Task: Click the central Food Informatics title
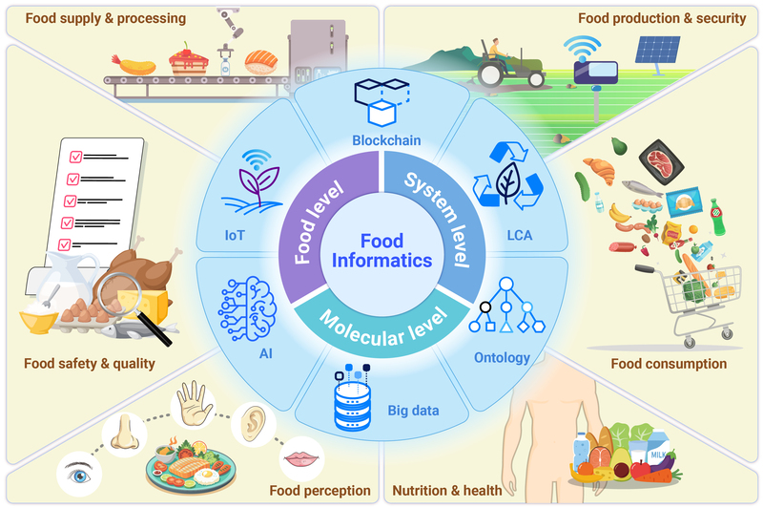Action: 381,250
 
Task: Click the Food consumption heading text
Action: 668,364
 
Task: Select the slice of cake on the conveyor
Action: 192,63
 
